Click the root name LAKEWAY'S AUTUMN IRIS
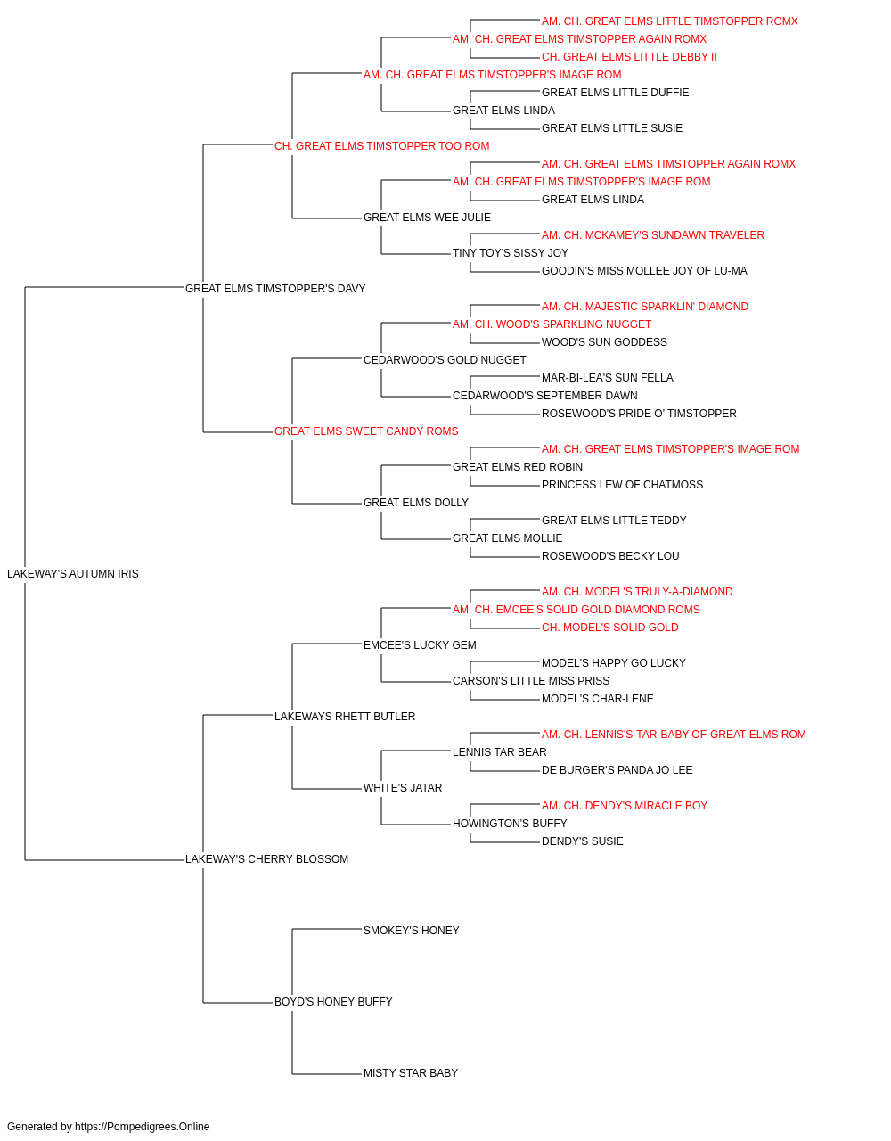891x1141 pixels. (73, 574)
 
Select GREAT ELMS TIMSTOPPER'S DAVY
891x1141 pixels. (275, 289)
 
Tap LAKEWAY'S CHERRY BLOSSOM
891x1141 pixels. (266, 859)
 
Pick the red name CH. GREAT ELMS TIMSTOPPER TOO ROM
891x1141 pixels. (382, 146)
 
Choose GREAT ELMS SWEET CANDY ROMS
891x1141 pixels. (366, 431)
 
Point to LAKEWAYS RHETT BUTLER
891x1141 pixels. (345, 716)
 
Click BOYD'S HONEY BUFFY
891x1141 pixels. (333, 1002)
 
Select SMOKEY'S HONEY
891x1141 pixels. (412, 931)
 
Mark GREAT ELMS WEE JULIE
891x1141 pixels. (427, 218)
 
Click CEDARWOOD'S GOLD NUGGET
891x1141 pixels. (445, 359)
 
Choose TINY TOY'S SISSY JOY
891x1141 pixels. (511, 253)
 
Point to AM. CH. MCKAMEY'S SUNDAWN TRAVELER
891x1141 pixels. (653, 235)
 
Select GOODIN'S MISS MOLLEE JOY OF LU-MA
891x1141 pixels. (644, 271)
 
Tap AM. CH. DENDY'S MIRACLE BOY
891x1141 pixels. (625, 806)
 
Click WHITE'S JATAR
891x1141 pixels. (403, 788)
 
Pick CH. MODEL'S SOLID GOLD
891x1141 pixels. (609, 628)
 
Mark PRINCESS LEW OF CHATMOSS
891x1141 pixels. (622, 485)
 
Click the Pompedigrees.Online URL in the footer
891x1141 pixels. (143, 1127)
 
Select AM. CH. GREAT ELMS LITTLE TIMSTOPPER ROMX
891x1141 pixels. (669, 21)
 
